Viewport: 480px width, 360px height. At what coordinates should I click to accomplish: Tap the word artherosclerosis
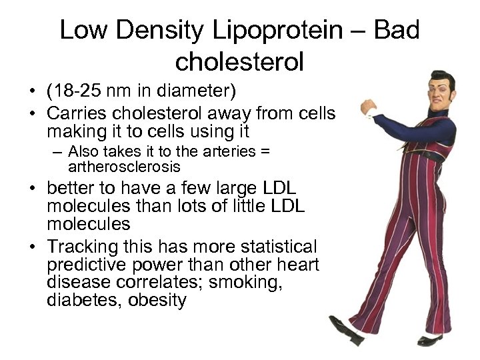click(x=124, y=167)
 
